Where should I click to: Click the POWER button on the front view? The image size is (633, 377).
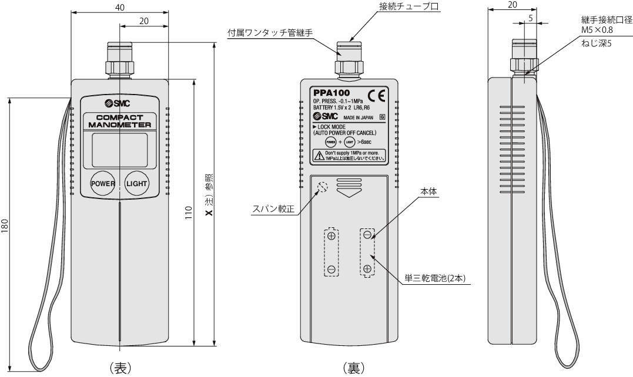[103, 184]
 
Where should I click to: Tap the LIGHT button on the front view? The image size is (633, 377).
[137, 184]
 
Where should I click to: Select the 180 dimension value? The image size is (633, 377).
[5, 225]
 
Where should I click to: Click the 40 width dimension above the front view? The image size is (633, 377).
[120, 6]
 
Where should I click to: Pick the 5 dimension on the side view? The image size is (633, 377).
[530, 18]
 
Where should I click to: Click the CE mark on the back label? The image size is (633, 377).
[376, 96]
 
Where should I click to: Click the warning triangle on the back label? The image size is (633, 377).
[318, 156]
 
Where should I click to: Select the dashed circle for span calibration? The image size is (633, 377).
[322, 187]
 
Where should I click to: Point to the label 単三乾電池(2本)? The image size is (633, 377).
[436, 278]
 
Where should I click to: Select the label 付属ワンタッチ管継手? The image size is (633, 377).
[270, 33]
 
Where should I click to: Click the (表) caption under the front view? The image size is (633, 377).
[120, 368]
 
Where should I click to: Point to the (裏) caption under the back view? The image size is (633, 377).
[353, 368]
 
